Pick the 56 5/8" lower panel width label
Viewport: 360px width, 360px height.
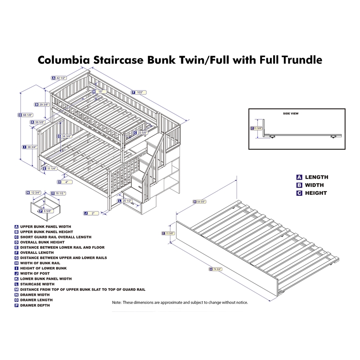[x=40, y=122]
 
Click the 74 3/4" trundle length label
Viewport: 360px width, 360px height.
[x=218, y=270]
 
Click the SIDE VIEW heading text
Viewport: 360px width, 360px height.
[x=291, y=114]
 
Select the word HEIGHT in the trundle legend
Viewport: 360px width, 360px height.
[x=315, y=193]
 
